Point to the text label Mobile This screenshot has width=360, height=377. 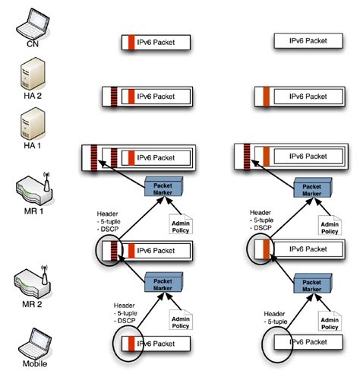(x=30, y=363)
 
